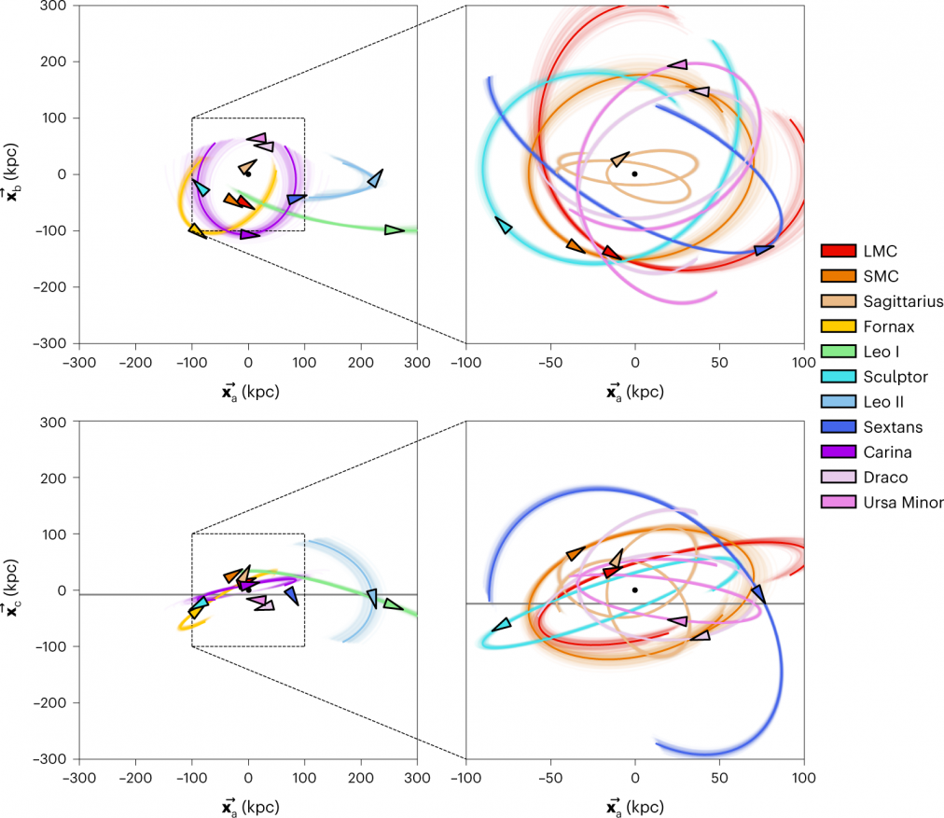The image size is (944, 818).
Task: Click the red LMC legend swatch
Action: (x=839, y=251)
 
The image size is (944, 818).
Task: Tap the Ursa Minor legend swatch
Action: (x=839, y=503)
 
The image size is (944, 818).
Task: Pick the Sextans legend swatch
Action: (x=839, y=427)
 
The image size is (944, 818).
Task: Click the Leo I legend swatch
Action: (x=839, y=352)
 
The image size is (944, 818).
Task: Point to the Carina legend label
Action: (x=886, y=452)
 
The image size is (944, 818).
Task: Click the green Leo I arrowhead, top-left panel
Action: (x=395, y=229)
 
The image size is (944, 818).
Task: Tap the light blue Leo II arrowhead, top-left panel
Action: (x=375, y=178)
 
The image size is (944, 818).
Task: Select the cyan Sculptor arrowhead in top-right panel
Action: (x=504, y=225)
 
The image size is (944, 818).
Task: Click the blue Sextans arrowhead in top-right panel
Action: (x=764, y=250)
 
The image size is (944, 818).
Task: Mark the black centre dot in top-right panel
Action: (x=634, y=173)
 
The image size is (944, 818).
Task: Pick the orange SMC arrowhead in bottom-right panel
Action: (x=576, y=554)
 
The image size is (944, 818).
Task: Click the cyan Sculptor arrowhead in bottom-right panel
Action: (x=502, y=624)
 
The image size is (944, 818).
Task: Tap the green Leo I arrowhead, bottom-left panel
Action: (x=393, y=604)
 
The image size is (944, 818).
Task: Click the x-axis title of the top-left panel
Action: (x=248, y=393)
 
